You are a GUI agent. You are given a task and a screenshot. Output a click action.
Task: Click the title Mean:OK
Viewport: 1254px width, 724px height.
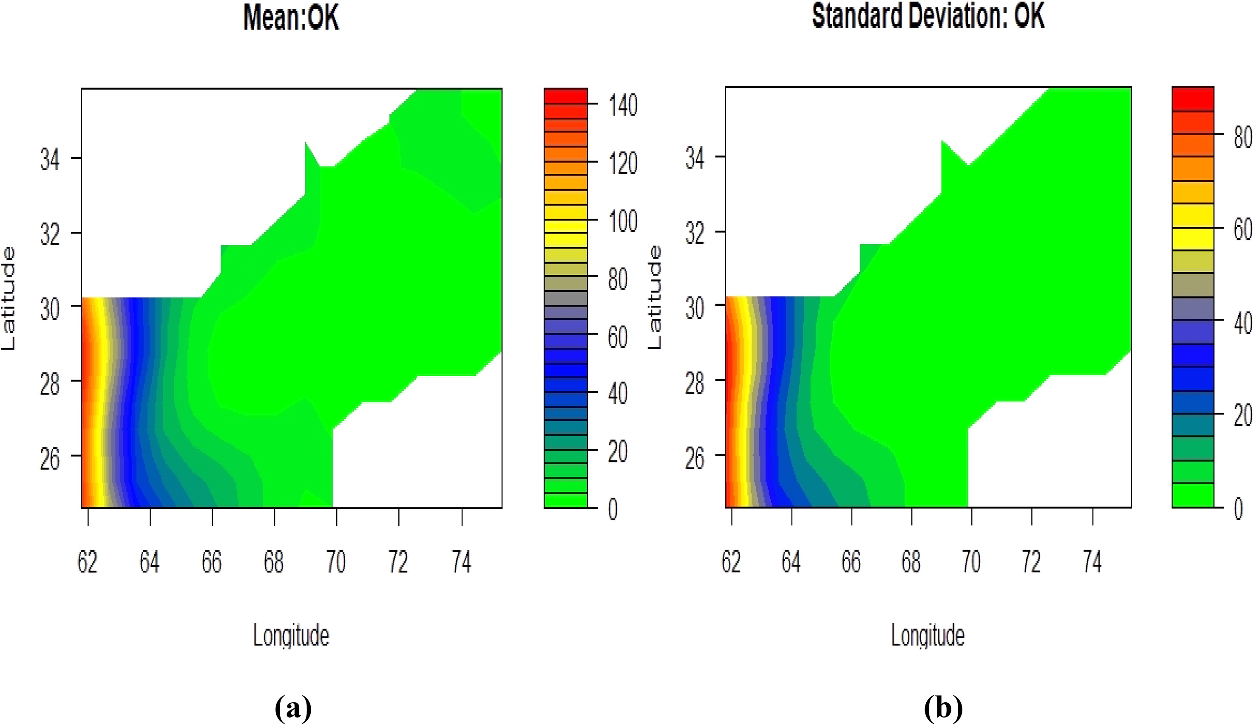[291, 18]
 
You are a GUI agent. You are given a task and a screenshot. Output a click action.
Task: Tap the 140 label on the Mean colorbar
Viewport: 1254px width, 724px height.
[622, 105]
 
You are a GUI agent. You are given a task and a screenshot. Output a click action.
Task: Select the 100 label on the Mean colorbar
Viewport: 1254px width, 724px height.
[622, 221]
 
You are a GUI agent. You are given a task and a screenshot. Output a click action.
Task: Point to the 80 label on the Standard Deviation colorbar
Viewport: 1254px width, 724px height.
[1243, 137]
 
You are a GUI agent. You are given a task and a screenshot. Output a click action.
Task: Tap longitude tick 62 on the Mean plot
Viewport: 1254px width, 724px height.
[88, 562]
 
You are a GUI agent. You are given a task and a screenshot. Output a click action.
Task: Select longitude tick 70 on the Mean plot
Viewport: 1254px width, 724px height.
[336, 562]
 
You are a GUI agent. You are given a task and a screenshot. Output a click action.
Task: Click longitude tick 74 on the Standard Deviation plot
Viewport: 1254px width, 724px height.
[1092, 562]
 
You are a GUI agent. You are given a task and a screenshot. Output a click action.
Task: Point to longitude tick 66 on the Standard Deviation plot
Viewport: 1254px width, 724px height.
[851, 562]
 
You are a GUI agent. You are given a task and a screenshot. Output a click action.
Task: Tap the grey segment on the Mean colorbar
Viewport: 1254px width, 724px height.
[566, 299]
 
